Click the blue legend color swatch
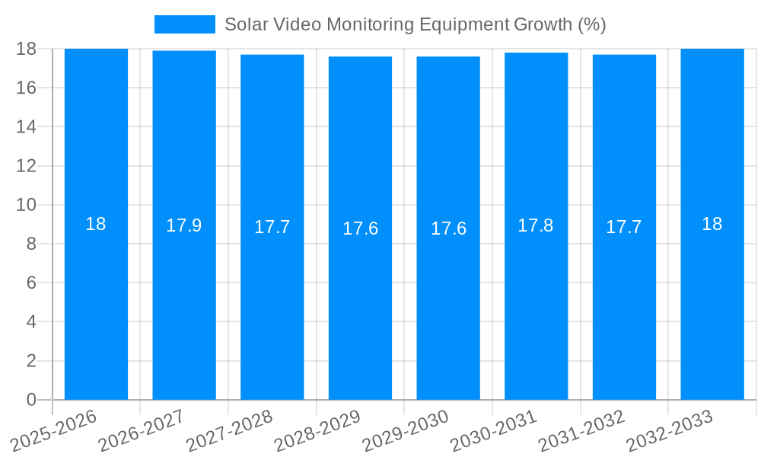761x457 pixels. tap(185, 24)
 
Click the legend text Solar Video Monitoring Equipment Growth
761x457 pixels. tap(415, 24)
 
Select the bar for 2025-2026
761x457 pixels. tap(96, 305)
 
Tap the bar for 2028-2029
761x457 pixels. tap(360, 305)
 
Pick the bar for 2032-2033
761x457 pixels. tap(712, 305)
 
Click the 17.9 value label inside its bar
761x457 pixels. tap(184, 225)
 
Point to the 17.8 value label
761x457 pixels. tap(536, 225)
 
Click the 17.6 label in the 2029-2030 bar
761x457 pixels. tap(448, 228)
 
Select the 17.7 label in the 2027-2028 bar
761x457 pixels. tap(272, 227)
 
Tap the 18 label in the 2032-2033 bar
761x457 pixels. tap(712, 224)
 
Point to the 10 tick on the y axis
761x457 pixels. tap(26, 205)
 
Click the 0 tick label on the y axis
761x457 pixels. tap(31, 400)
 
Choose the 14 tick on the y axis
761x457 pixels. tap(26, 126)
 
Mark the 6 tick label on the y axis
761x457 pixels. tap(31, 283)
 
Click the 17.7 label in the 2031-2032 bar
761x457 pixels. tap(624, 227)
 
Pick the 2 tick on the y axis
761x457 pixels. tap(31, 361)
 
